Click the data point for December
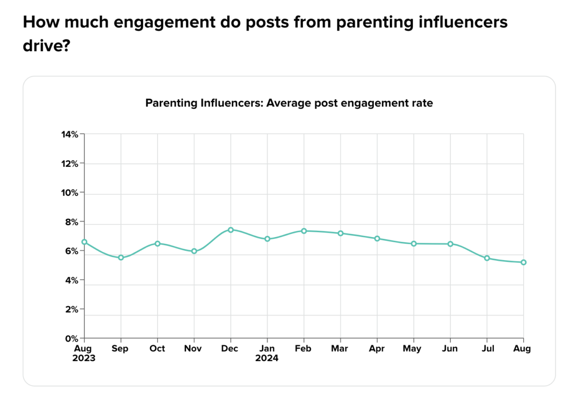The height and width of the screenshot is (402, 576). click(x=231, y=230)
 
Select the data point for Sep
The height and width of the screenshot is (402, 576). click(x=121, y=258)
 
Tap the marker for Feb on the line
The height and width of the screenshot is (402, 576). click(x=304, y=231)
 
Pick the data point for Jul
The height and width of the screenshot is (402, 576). click(x=487, y=258)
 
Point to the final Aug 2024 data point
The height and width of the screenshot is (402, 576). click(x=524, y=262)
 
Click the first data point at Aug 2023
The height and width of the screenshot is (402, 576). click(x=84, y=242)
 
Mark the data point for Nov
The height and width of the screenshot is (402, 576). click(x=194, y=251)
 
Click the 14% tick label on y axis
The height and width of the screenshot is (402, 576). click(x=69, y=134)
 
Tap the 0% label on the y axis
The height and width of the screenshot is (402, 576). click(x=71, y=339)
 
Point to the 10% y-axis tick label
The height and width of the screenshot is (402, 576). click(x=69, y=193)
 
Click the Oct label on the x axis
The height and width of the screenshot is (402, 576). click(x=157, y=349)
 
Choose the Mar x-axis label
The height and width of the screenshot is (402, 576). click(x=340, y=349)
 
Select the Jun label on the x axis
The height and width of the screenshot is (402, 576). click(x=450, y=349)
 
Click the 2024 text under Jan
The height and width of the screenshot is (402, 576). click(x=267, y=358)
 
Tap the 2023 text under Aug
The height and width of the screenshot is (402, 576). click(x=84, y=358)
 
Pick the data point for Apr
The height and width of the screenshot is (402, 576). click(x=377, y=238)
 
